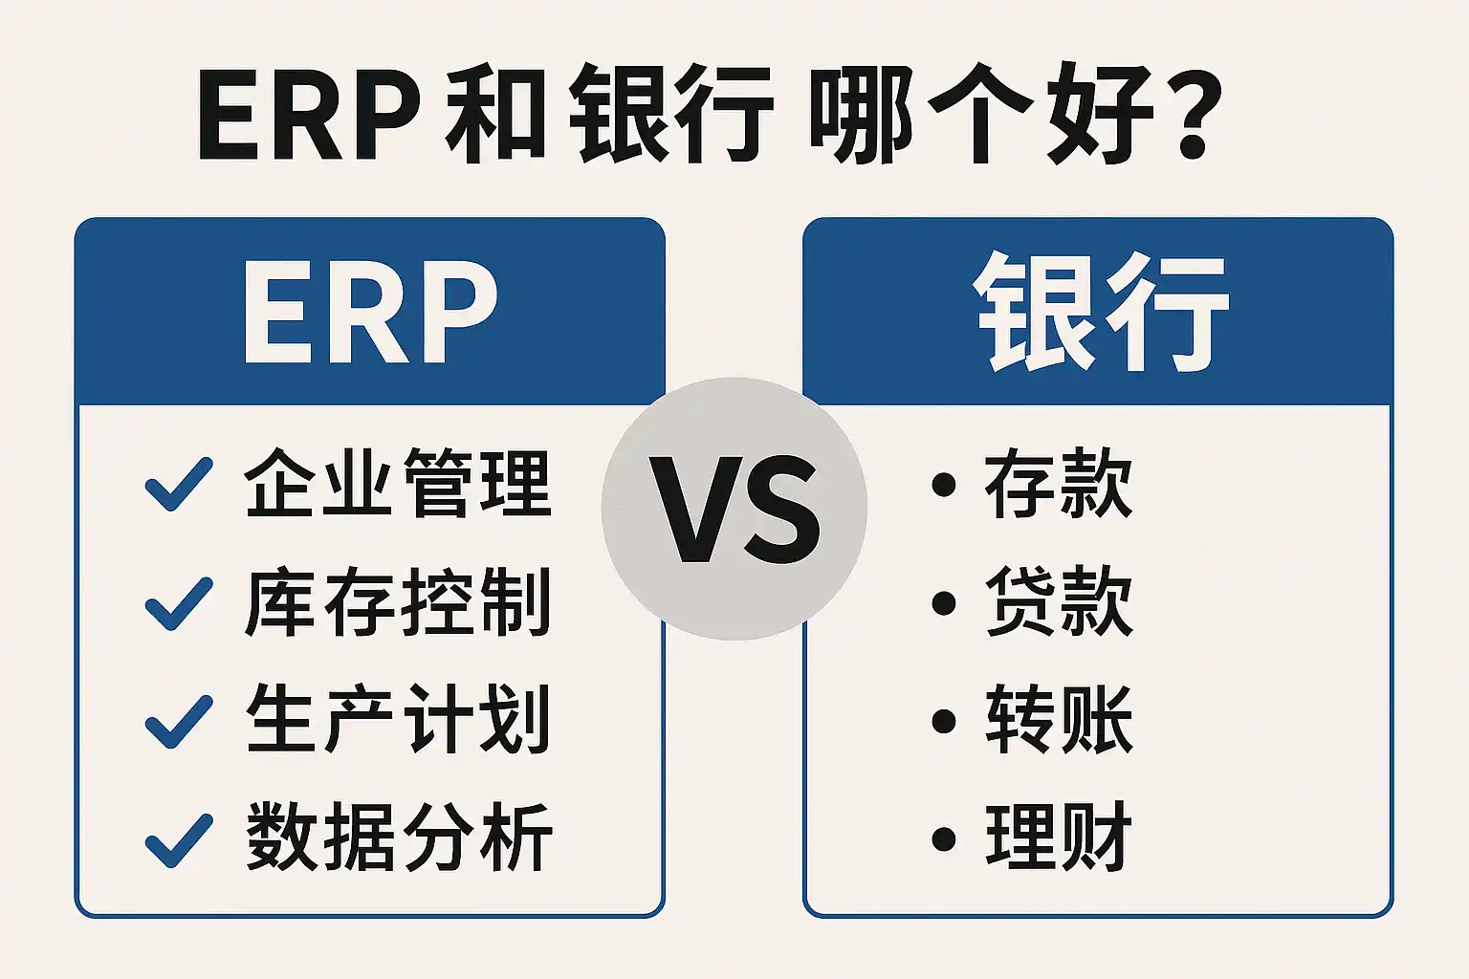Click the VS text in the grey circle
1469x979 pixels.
pyautogui.click(x=734, y=510)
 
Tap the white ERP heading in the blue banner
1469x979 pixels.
pyautogui.click(x=370, y=314)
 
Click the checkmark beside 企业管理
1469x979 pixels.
pyautogui.click(x=179, y=484)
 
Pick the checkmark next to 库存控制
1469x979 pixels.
pyautogui.click(x=179, y=604)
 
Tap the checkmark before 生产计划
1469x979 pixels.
pyautogui.click(x=179, y=721)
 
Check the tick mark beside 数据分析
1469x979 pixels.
pyautogui.click(x=179, y=840)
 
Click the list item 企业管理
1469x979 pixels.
pyautogui.click(x=398, y=483)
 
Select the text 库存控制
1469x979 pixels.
pyautogui.click(x=398, y=602)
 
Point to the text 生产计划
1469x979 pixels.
pyautogui.click(x=398, y=719)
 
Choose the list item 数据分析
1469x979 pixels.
pyautogui.click(x=399, y=838)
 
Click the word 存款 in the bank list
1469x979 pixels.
pyautogui.click(x=1059, y=483)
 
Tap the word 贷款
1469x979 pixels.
pyautogui.click(x=1059, y=601)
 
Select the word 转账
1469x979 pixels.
pyautogui.click(x=1059, y=719)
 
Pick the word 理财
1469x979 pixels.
pyautogui.click(x=1059, y=837)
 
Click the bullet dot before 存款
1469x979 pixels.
pyautogui.click(x=944, y=486)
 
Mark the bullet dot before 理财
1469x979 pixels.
pyautogui.click(x=944, y=838)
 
